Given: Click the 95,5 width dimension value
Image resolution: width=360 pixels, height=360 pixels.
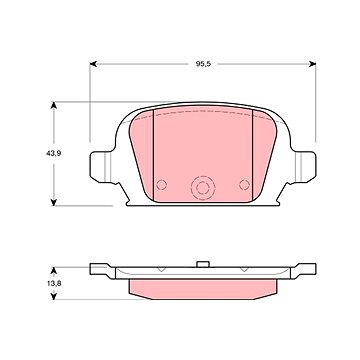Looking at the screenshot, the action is pos(203,64).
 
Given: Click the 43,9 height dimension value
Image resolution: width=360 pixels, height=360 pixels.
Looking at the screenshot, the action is pos(53,154).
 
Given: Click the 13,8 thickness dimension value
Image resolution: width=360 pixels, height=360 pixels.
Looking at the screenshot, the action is pos(53,284).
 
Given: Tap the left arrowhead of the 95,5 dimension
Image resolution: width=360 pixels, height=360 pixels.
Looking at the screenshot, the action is pos(93,64).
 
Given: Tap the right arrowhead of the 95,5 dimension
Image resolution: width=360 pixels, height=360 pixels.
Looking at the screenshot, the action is pos(312,64).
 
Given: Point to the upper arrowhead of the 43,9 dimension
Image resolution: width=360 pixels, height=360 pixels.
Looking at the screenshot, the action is pos(53,105).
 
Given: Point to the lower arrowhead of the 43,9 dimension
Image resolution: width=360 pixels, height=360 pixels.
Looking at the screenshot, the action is pos(53,202).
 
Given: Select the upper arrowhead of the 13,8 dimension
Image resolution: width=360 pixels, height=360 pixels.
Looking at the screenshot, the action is pos(53,270).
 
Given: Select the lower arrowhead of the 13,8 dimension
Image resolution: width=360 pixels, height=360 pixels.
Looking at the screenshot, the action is pos(53,296).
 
